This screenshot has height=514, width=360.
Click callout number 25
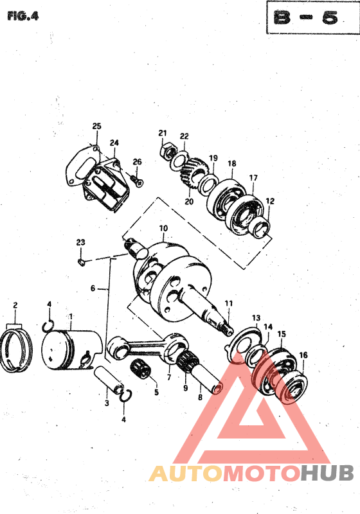click(97, 126)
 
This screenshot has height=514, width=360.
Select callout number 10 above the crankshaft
click(163, 228)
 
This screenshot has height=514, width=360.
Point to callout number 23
click(80, 242)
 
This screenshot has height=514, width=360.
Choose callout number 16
click(303, 355)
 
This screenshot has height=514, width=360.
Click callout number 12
click(270, 201)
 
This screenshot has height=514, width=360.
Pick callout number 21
click(163, 133)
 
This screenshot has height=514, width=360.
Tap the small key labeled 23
click(82, 261)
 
